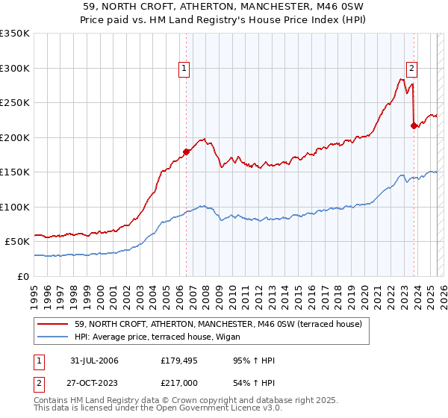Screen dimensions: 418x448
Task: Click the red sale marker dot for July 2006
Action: (186, 152)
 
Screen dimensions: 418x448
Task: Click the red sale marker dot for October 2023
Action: (414, 125)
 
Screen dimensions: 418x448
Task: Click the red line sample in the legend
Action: (53, 324)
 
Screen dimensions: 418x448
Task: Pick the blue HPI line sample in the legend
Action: (53, 337)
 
